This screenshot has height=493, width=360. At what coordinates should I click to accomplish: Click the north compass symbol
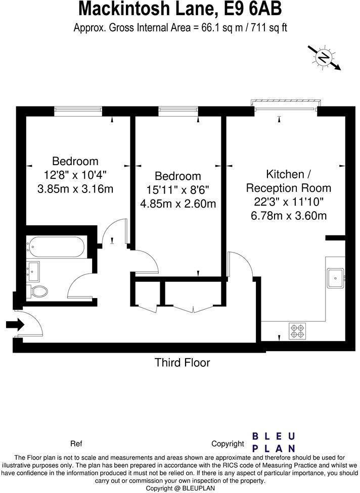[324, 58]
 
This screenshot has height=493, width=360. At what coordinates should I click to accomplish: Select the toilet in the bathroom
[39, 291]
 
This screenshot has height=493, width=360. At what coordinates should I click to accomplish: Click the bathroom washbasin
[35, 271]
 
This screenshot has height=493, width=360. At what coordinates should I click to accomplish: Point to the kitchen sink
[335, 277]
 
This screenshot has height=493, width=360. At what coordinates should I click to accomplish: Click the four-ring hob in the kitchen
[296, 331]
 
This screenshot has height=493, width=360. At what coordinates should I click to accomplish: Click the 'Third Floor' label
[182, 363]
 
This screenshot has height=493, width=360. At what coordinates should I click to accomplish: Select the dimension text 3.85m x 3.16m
[75, 189]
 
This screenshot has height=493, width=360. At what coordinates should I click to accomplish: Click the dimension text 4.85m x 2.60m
[178, 204]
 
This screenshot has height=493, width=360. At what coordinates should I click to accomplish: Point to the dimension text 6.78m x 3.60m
[289, 216]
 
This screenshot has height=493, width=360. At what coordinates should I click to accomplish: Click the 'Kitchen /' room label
[288, 174]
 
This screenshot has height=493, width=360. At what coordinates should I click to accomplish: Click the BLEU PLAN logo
[274, 442]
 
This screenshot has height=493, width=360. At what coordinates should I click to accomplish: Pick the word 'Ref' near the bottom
[76, 444]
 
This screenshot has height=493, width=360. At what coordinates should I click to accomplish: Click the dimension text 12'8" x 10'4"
[75, 175]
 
